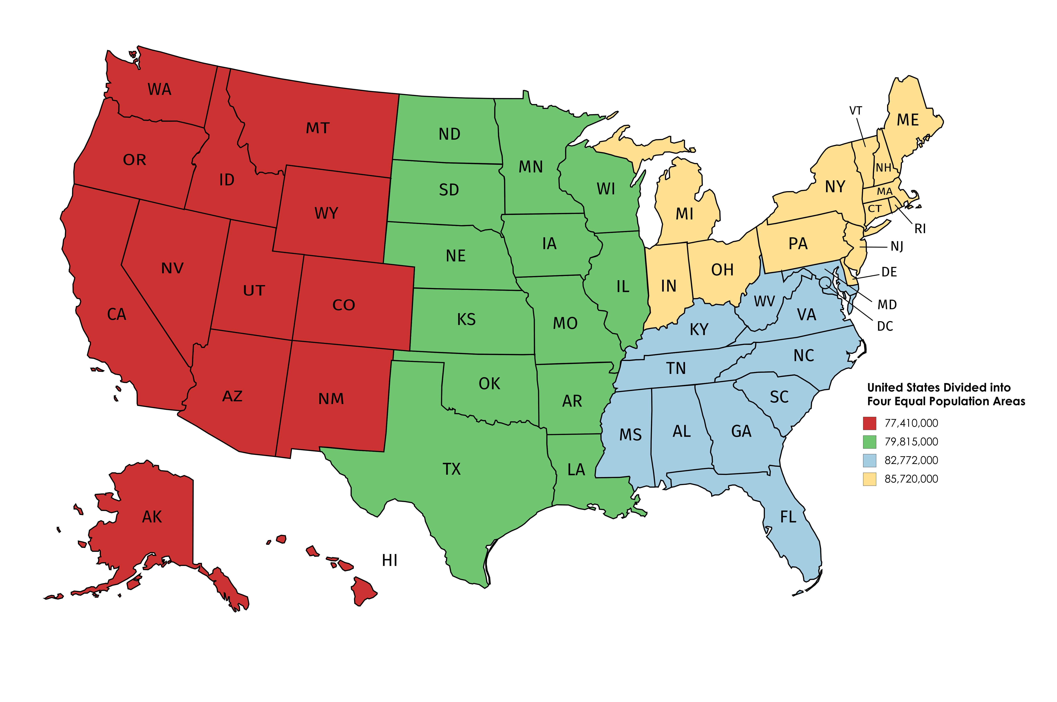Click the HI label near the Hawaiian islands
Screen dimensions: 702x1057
tap(390, 560)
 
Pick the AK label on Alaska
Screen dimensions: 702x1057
tap(152, 517)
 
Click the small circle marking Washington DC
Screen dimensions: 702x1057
tap(825, 282)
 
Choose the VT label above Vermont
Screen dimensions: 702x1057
tap(856, 111)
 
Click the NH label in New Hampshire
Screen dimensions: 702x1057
tap(883, 168)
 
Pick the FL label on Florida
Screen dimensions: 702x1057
tap(788, 518)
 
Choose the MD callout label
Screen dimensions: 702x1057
tap(887, 305)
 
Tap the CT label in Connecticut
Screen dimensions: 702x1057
tap(874, 209)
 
